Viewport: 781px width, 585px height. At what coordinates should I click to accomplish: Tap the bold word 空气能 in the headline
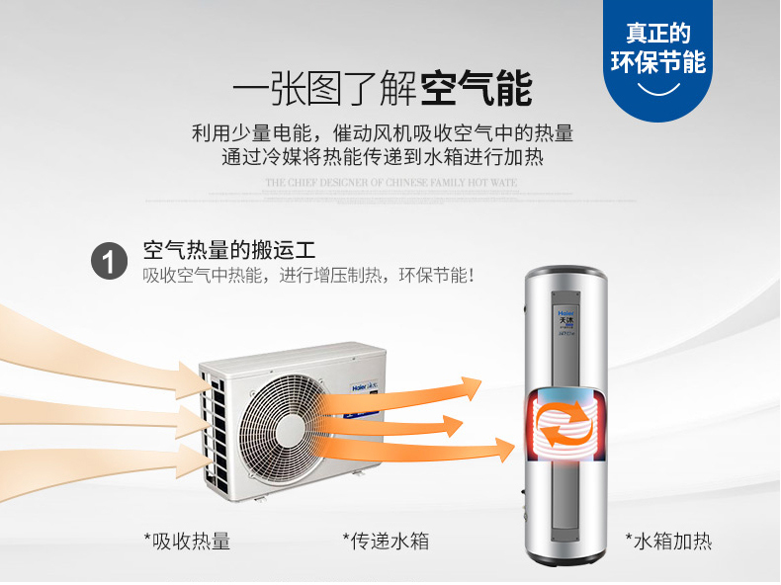pyautogui.click(x=477, y=88)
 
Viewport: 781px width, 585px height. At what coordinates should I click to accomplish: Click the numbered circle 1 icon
pyautogui.click(x=110, y=262)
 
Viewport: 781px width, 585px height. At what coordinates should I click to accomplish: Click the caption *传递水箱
pyautogui.click(x=386, y=541)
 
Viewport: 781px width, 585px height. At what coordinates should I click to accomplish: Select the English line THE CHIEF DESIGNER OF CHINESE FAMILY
pyautogui.click(x=390, y=184)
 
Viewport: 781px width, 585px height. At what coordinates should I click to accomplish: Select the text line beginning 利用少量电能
pyautogui.click(x=383, y=132)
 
